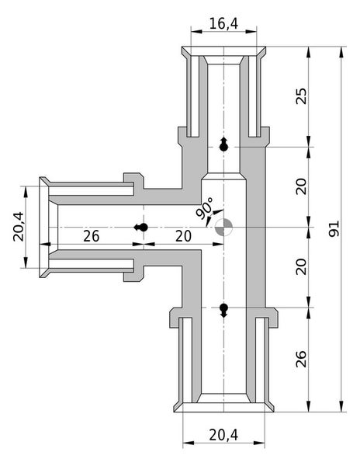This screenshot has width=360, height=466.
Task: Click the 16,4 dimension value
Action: pos(223,25)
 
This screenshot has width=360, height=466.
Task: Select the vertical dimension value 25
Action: pos(302,96)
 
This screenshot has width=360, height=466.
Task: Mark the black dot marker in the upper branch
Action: pos(223,145)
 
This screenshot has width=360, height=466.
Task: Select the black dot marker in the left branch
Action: pos(140,227)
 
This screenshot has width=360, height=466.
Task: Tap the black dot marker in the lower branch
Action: pos(223,310)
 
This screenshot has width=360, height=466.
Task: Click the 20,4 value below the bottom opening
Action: pos(223,436)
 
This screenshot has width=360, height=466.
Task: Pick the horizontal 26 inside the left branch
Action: pos(91,236)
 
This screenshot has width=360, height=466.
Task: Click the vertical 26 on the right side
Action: pos(302,358)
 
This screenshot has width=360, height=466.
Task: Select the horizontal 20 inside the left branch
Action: pos(183,236)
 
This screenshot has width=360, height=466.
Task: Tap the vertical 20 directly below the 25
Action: pos(302,186)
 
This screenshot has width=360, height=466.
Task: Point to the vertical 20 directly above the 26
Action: pos(302,266)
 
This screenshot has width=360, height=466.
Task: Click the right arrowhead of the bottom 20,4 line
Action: pos(261,447)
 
